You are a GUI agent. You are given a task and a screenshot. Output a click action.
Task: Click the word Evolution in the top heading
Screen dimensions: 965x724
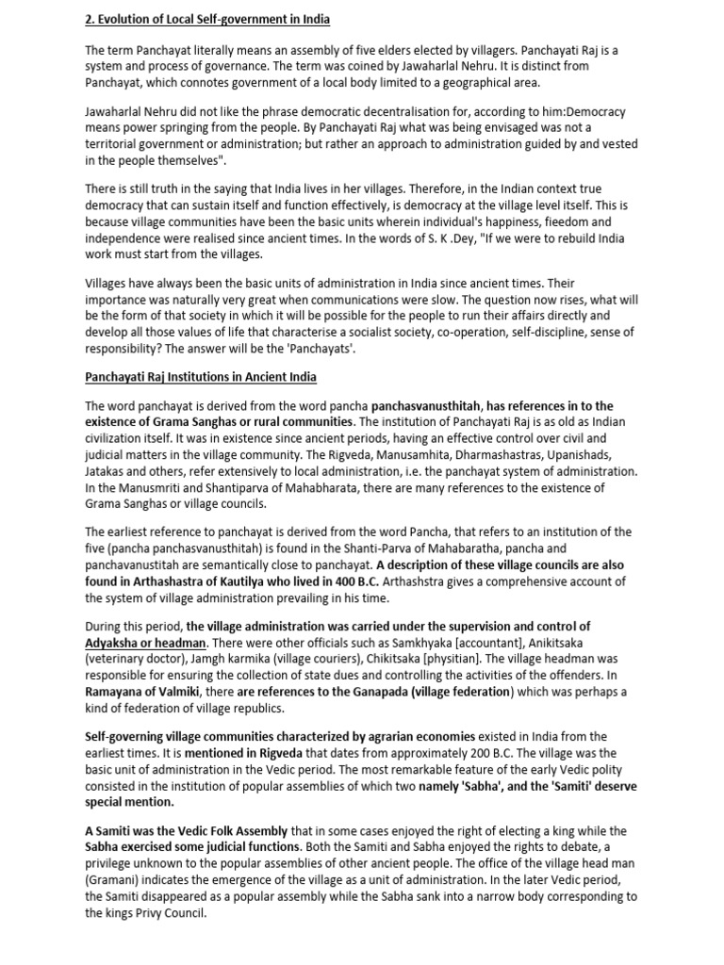[x=129, y=20]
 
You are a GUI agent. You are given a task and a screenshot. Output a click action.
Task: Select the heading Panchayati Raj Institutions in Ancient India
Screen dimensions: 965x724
[x=200, y=377]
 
